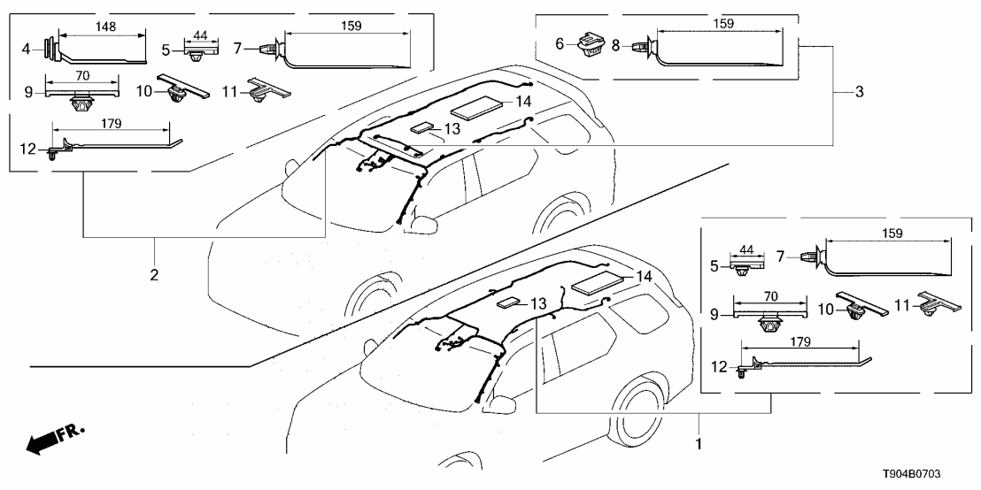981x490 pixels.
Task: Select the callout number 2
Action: [x=154, y=275]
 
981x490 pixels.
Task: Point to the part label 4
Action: [x=27, y=47]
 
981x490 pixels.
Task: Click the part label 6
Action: [x=560, y=44]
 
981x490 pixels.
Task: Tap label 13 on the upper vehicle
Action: [x=452, y=128]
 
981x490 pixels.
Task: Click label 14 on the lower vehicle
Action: [x=644, y=277]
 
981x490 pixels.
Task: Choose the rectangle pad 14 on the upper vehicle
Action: [x=477, y=109]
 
